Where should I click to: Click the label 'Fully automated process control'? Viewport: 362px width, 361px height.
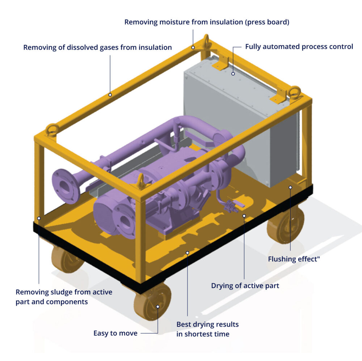click(x=299, y=47)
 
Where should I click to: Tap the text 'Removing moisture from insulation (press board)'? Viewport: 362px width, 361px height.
click(x=207, y=22)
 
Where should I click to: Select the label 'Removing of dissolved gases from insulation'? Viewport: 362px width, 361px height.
click(x=97, y=47)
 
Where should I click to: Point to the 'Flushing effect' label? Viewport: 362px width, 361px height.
click(x=294, y=259)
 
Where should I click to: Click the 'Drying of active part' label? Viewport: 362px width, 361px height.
click(x=245, y=286)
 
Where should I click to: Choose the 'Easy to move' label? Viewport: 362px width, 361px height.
click(x=115, y=333)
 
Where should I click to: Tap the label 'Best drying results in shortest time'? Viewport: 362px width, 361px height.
click(x=207, y=329)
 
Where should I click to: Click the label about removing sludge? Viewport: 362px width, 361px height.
click(x=64, y=297)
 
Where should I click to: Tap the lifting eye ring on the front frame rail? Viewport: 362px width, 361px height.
click(x=141, y=180)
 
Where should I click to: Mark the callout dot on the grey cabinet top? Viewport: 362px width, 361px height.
click(x=233, y=73)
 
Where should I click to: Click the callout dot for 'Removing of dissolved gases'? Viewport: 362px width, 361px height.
click(x=110, y=95)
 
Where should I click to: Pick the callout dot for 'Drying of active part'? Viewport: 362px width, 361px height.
click(x=244, y=216)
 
